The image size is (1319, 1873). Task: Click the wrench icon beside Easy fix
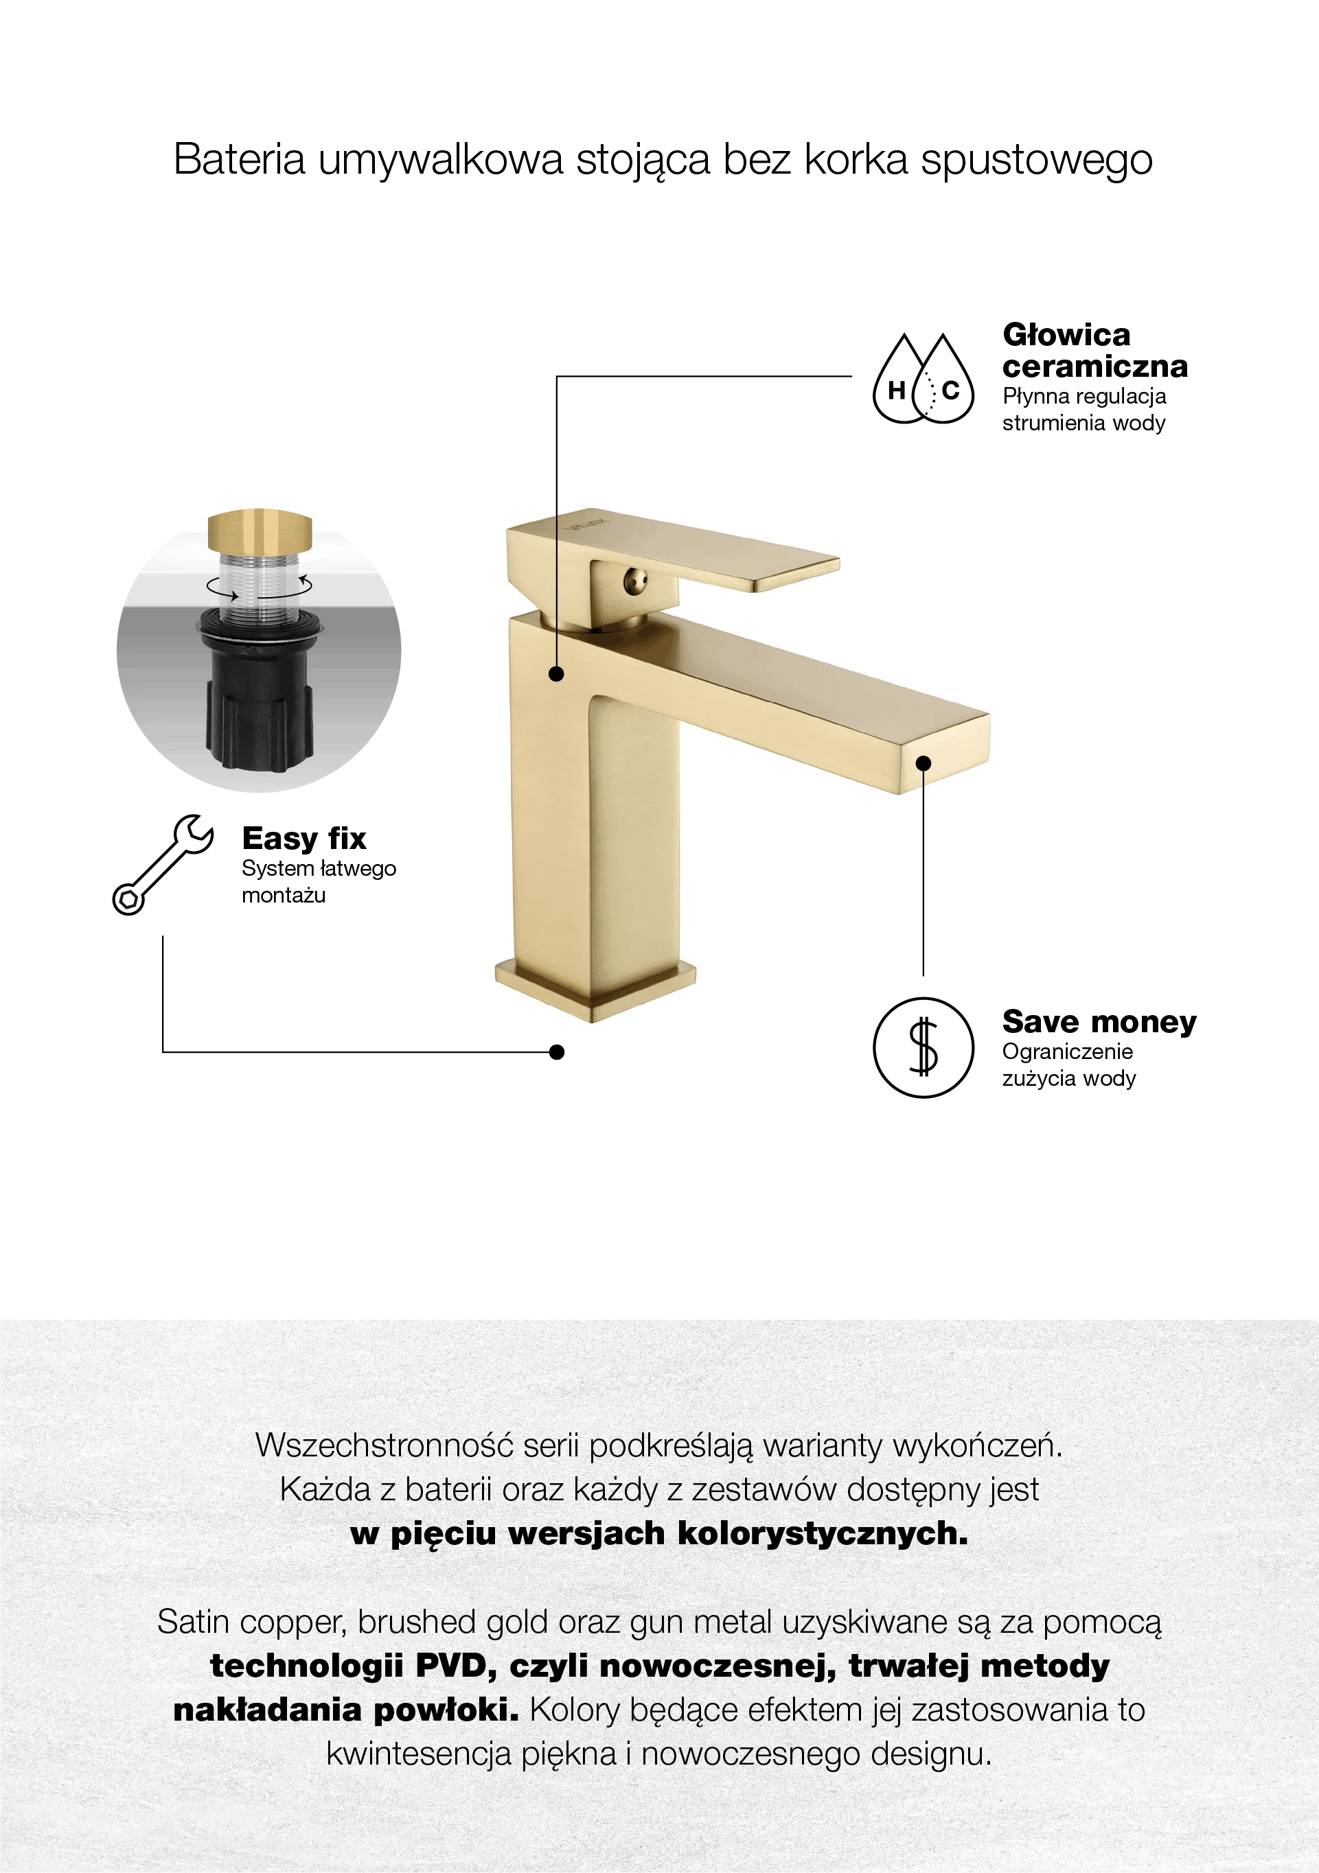(x=163, y=865)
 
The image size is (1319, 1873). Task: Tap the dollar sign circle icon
(x=923, y=1047)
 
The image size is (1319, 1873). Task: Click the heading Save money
(x=1099, y=1021)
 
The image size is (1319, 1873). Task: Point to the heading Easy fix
(x=303, y=839)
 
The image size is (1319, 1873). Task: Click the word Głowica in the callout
(x=1066, y=334)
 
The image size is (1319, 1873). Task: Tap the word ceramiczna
(x=1094, y=367)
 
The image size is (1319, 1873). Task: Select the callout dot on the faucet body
(x=557, y=674)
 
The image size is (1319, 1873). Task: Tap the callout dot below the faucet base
(x=557, y=1052)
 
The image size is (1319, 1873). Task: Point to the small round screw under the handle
(x=636, y=581)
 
